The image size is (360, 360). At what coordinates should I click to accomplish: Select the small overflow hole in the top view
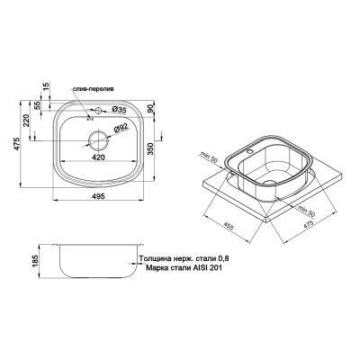pos(89,114)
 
